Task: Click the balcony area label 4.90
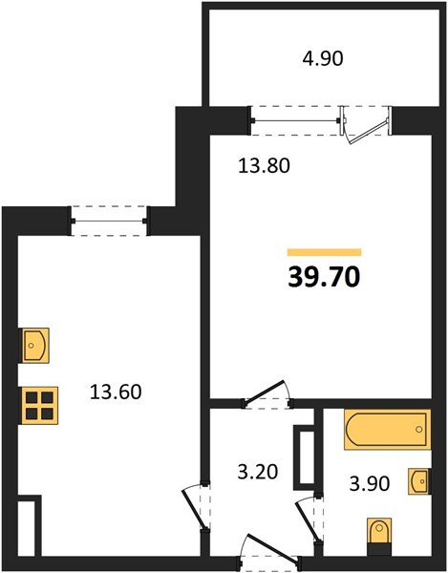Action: [323, 59]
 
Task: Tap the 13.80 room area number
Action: [264, 165]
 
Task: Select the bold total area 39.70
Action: [324, 277]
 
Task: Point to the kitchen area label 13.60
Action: [116, 392]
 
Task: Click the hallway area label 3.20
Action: [258, 472]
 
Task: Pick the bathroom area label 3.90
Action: [370, 483]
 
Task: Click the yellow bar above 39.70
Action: [325, 252]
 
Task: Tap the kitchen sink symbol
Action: [34, 346]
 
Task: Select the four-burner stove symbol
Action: [39, 405]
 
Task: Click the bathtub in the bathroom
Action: [387, 429]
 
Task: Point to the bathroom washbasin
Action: [419, 481]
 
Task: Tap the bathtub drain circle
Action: [419, 429]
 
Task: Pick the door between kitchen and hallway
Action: [193, 508]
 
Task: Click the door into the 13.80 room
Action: [265, 393]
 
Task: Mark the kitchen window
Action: [109, 221]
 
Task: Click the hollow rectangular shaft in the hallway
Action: [304, 457]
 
